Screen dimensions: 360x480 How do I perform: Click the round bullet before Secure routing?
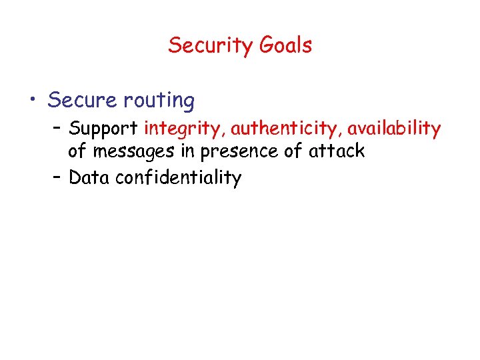tap(33, 101)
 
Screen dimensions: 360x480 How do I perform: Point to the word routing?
tap(159, 101)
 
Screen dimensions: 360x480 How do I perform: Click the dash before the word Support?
tap(55, 127)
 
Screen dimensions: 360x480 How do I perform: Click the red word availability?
tap(394, 127)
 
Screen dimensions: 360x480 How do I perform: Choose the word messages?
tap(135, 151)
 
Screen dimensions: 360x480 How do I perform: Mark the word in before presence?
tap(188, 151)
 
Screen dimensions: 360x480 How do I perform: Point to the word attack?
tap(337, 151)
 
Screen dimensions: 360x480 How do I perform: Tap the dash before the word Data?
tap(55, 177)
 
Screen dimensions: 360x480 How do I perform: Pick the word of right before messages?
tap(77, 151)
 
